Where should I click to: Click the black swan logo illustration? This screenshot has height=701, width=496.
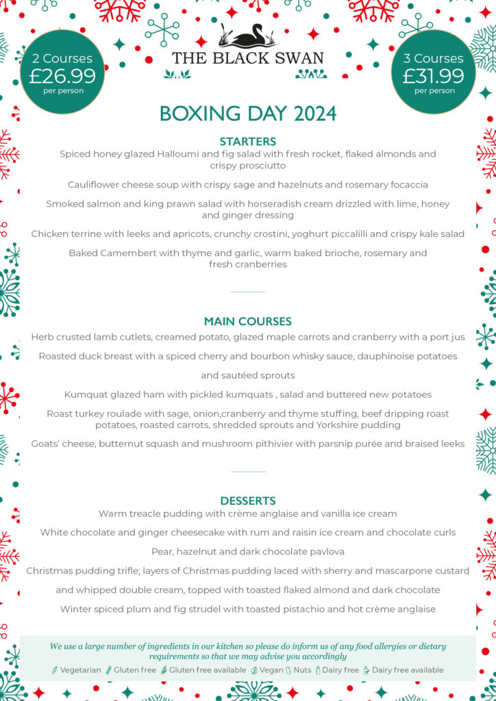(x=247, y=36)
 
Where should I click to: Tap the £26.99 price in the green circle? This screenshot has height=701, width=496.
(x=62, y=75)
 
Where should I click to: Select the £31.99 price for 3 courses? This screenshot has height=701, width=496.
(x=433, y=75)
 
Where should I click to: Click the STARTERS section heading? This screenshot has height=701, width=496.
(x=248, y=142)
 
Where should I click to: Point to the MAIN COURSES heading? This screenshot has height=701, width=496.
(x=248, y=321)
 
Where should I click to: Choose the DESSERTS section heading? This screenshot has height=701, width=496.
(x=248, y=501)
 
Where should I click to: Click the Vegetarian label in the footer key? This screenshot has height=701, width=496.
(x=80, y=670)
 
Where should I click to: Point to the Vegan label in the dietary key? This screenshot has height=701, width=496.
(x=271, y=670)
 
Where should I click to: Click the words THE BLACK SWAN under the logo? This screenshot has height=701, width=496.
(x=247, y=58)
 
